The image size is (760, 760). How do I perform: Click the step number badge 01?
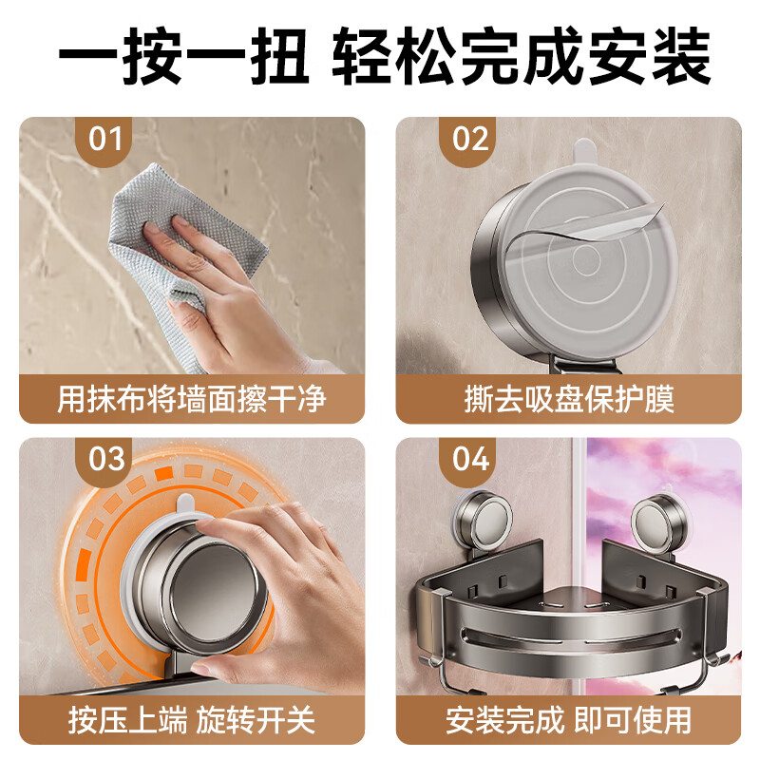105,140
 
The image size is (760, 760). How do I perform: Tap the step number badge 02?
469,140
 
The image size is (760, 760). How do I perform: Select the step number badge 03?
106,459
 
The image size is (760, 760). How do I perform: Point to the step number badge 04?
469,459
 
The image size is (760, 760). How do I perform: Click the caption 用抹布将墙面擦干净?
192,399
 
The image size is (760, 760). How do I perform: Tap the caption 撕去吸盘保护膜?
569,399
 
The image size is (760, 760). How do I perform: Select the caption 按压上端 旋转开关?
192,719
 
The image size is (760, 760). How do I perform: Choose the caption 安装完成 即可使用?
569,719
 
